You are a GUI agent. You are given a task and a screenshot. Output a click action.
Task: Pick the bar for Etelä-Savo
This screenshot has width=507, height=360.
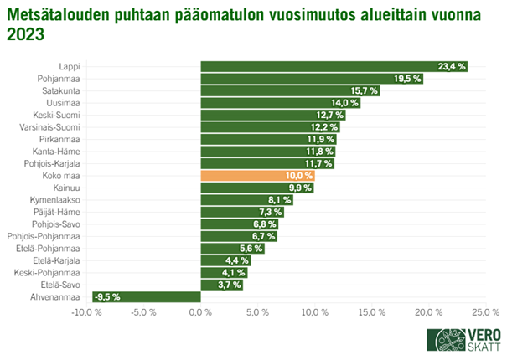220,284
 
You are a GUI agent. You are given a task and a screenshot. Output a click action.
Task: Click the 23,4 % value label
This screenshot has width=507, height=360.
452,67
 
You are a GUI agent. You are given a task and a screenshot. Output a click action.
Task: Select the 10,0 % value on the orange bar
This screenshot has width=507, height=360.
299,176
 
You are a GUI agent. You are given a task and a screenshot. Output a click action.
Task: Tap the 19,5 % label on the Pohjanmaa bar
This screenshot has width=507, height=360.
407,79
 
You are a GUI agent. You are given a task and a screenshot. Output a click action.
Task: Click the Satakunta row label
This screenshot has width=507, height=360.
60,90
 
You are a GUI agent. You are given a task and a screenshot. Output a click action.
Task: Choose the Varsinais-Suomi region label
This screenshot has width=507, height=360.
49,127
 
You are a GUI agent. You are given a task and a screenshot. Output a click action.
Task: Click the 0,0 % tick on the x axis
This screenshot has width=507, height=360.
200,312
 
